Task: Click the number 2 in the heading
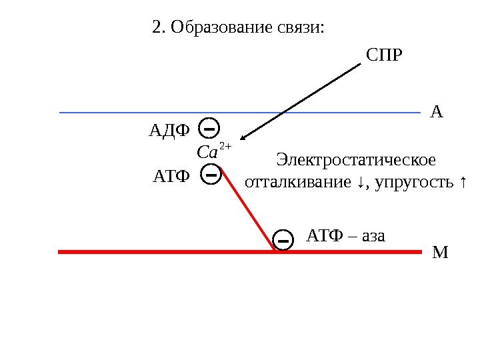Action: coord(157,28)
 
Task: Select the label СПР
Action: coord(385,53)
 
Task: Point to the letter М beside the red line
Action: coord(441,253)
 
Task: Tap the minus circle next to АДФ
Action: coord(209,127)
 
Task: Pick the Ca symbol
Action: coord(207,153)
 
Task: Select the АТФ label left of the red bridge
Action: coord(171,177)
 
